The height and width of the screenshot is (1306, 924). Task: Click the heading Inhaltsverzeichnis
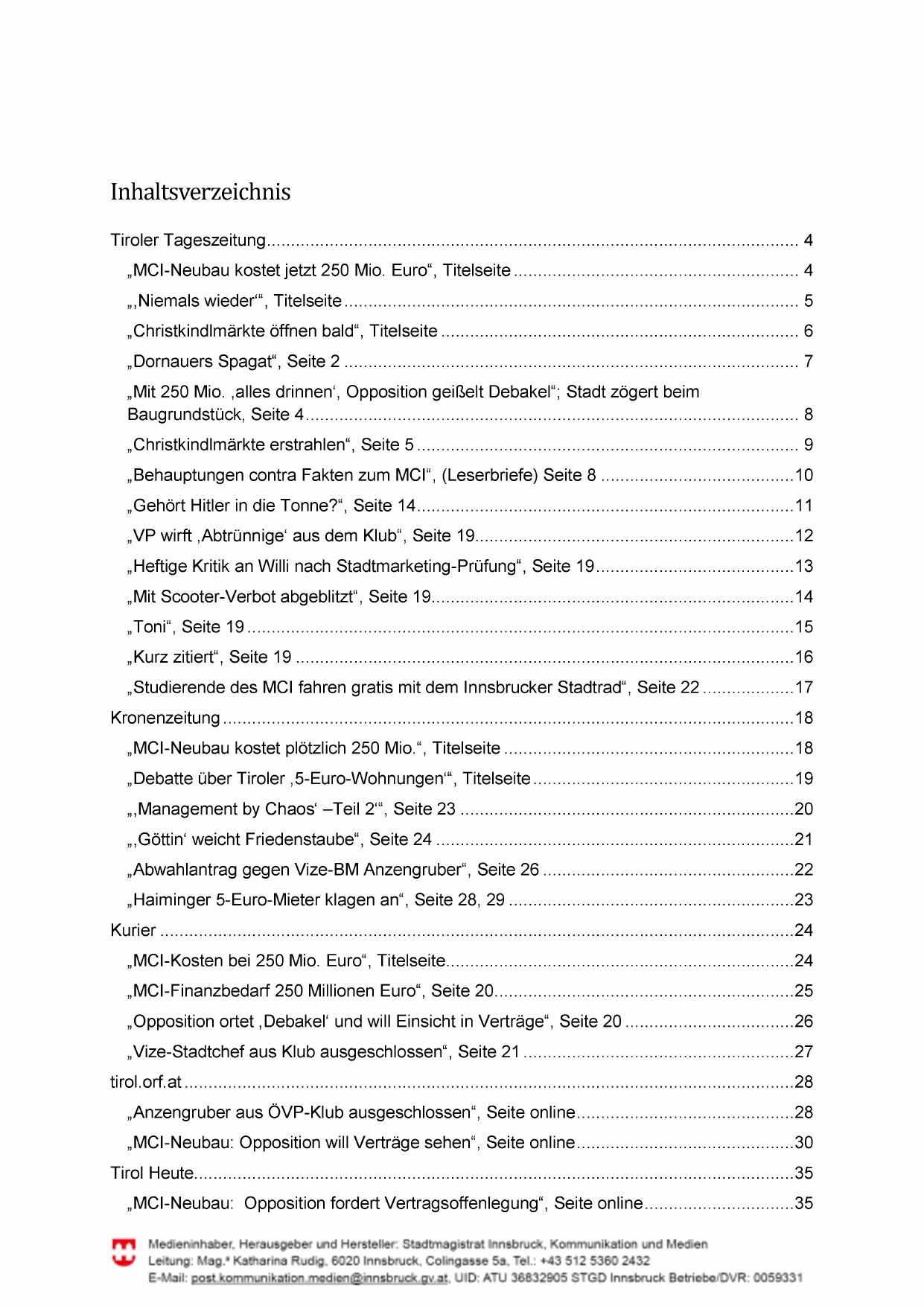tap(200, 192)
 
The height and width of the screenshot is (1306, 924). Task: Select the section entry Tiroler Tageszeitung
tap(188, 241)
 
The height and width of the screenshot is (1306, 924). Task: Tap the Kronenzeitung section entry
tap(165, 718)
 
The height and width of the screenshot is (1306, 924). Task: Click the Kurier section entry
tap(133, 930)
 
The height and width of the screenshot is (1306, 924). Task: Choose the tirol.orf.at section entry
tap(146, 1082)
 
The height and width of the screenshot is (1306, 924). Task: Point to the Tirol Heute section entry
tap(152, 1173)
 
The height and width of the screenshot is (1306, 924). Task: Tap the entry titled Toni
tap(150, 627)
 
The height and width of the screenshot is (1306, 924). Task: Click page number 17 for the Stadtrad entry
tap(803, 687)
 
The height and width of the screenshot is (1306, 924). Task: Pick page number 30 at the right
tap(803, 1142)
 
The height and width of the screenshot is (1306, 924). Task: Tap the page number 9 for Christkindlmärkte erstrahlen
tap(808, 445)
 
